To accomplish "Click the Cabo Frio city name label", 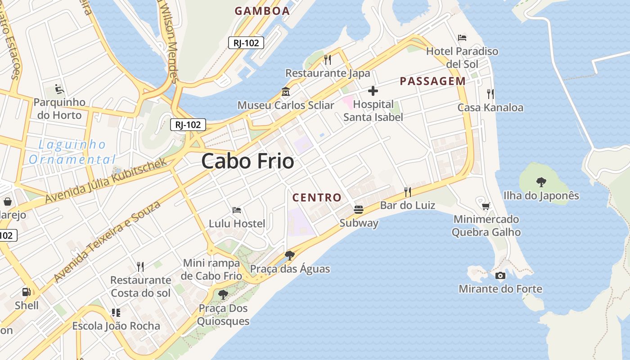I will click(247, 161).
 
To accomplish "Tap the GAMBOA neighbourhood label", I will click(262, 11).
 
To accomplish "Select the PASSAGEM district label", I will click(432, 81).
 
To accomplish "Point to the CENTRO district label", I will click(317, 198).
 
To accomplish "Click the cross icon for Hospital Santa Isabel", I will click(373, 91).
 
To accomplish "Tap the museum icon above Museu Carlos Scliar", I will click(285, 92).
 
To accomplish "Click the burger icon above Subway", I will click(359, 209).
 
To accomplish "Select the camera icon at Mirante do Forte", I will click(500, 275).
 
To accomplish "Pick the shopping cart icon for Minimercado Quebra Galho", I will click(486, 206).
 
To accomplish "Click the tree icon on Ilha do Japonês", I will click(541, 182).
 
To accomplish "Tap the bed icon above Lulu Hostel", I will click(237, 210).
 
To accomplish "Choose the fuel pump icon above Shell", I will click(27, 292).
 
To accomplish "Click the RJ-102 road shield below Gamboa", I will click(246, 43).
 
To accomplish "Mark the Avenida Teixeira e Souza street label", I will click(107, 242).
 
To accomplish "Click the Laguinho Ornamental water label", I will click(72, 152).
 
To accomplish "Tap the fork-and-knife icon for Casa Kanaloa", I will click(490, 94).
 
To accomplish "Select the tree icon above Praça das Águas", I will click(290, 256).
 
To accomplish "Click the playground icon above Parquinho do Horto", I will click(59, 89).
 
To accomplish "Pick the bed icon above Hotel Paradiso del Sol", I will click(462, 38).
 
